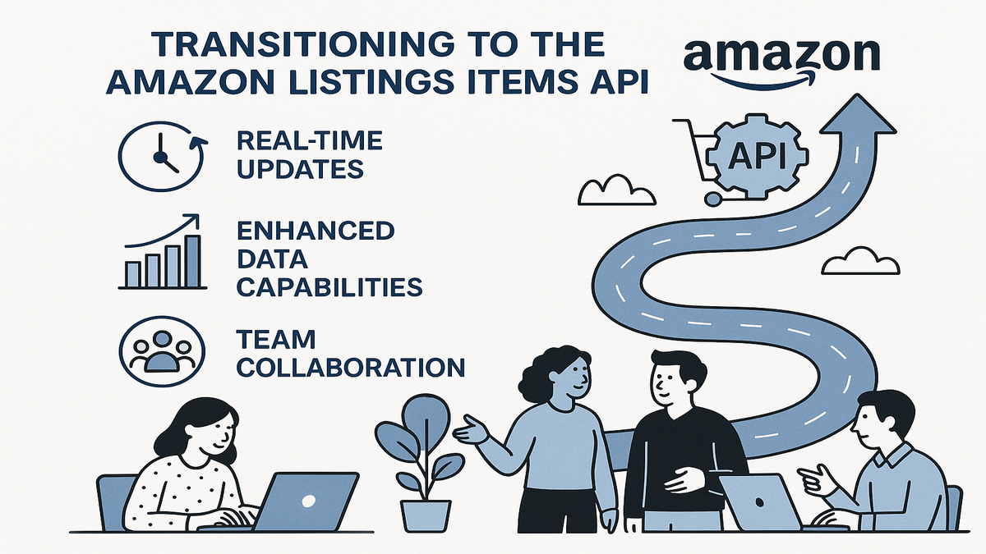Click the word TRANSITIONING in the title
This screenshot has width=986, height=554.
pyautogui.click(x=304, y=44)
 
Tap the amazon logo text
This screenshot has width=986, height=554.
pyautogui.click(x=781, y=55)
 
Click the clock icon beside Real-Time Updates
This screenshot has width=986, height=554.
pyautogui.click(x=163, y=156)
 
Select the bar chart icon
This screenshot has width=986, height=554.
pyautogui.click(x=163, y=251)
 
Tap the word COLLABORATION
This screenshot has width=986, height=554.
pyautogui.click(x=350, y=367)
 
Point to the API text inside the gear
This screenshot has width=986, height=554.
pyautogui.click(x=757, y=157)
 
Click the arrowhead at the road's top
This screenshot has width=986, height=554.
pyautogui.click(x=858, y=114)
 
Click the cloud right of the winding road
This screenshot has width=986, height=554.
pyautogui.click(x=860, y=261)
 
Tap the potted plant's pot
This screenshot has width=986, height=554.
pyautogui.click(x=426, y=515)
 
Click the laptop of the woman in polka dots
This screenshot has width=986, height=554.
pyautogui.click(x=304, y=501)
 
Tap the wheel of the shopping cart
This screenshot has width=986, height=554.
pyautogui.click(x=712, y=199)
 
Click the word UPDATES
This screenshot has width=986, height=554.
pyautogui.click(x=301, y=169)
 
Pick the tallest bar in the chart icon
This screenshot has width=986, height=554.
pyautogui.click(x=192, y=261)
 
